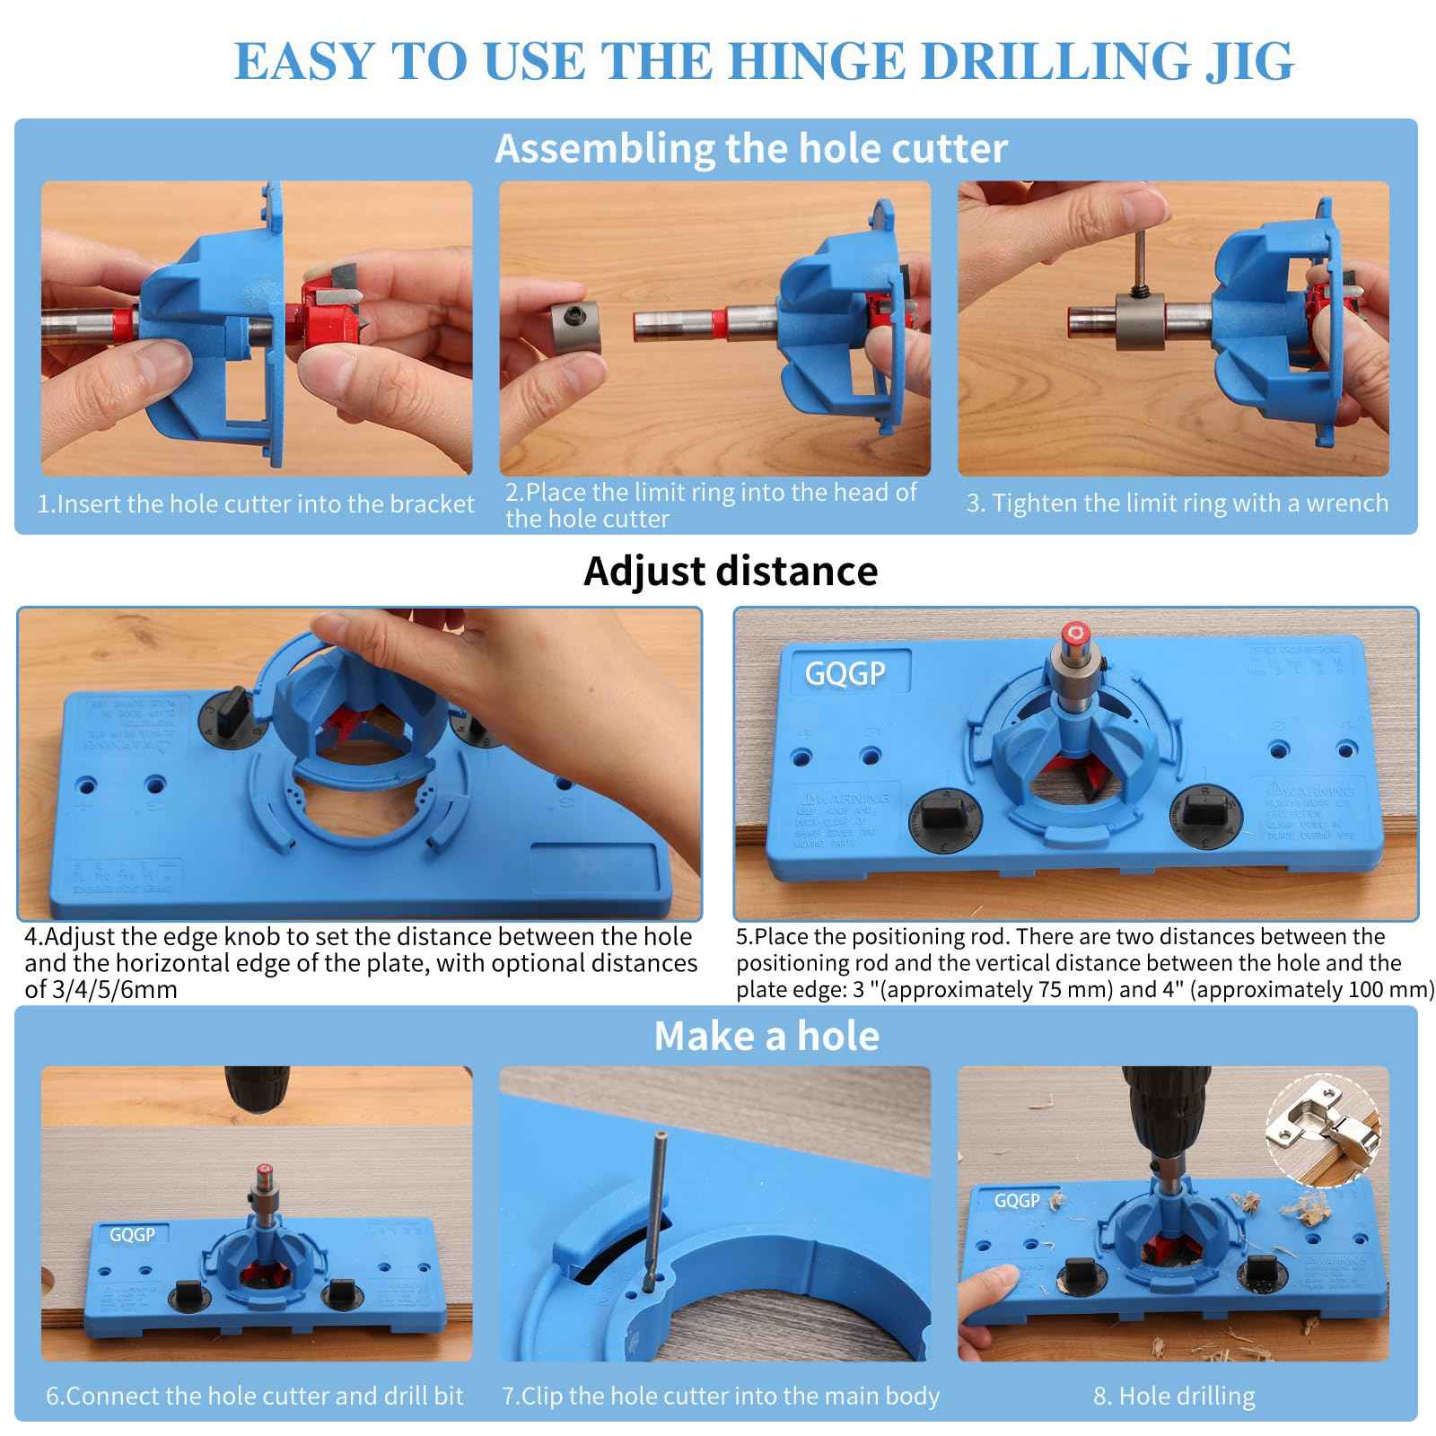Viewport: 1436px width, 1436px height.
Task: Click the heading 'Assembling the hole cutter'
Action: pyautogui.click(x=750, y=148)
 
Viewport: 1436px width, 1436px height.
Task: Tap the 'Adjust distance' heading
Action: pyautogui.click(x=730, y=571)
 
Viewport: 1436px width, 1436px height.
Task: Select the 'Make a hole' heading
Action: pyautogui.click(x=766, y=1036)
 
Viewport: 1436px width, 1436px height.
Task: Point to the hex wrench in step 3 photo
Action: pyautogui.click(x=1138, y=261)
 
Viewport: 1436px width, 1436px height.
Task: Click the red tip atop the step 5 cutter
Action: pyautogui.click(x=1074, y=634)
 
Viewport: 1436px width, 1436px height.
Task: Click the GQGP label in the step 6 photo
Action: pyautogui.click(x=132, y=1235)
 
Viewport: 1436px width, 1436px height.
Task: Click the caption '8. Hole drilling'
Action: pyautogui.click(x=1174, y=1396)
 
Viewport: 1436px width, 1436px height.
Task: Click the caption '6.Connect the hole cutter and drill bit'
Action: pyautogui.click(x=255, y=1396)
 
